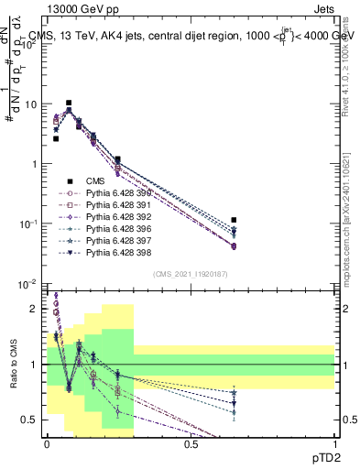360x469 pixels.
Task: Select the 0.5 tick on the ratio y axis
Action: (31, 420)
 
